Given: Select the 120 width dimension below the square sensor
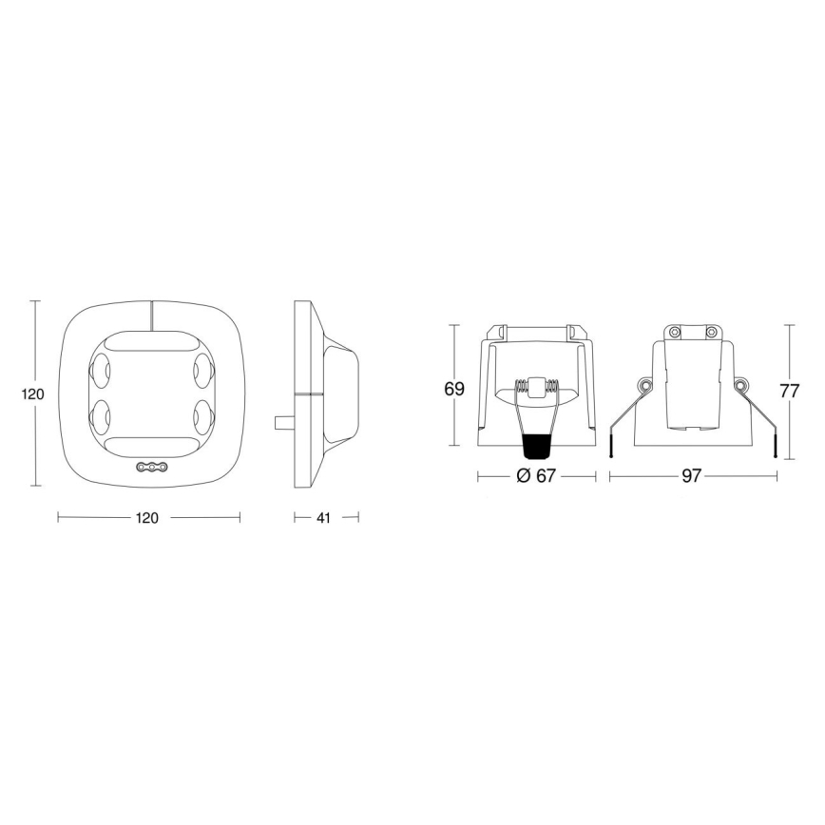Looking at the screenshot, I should click(147, 518).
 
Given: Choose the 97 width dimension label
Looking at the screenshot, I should click(691, 475).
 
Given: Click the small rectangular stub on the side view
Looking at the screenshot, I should click(283, 421).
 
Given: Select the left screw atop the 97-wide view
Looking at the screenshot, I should click(673, 332).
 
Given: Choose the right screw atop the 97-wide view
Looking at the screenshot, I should click(709, 332).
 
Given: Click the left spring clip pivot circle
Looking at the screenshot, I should click(643, 385).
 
